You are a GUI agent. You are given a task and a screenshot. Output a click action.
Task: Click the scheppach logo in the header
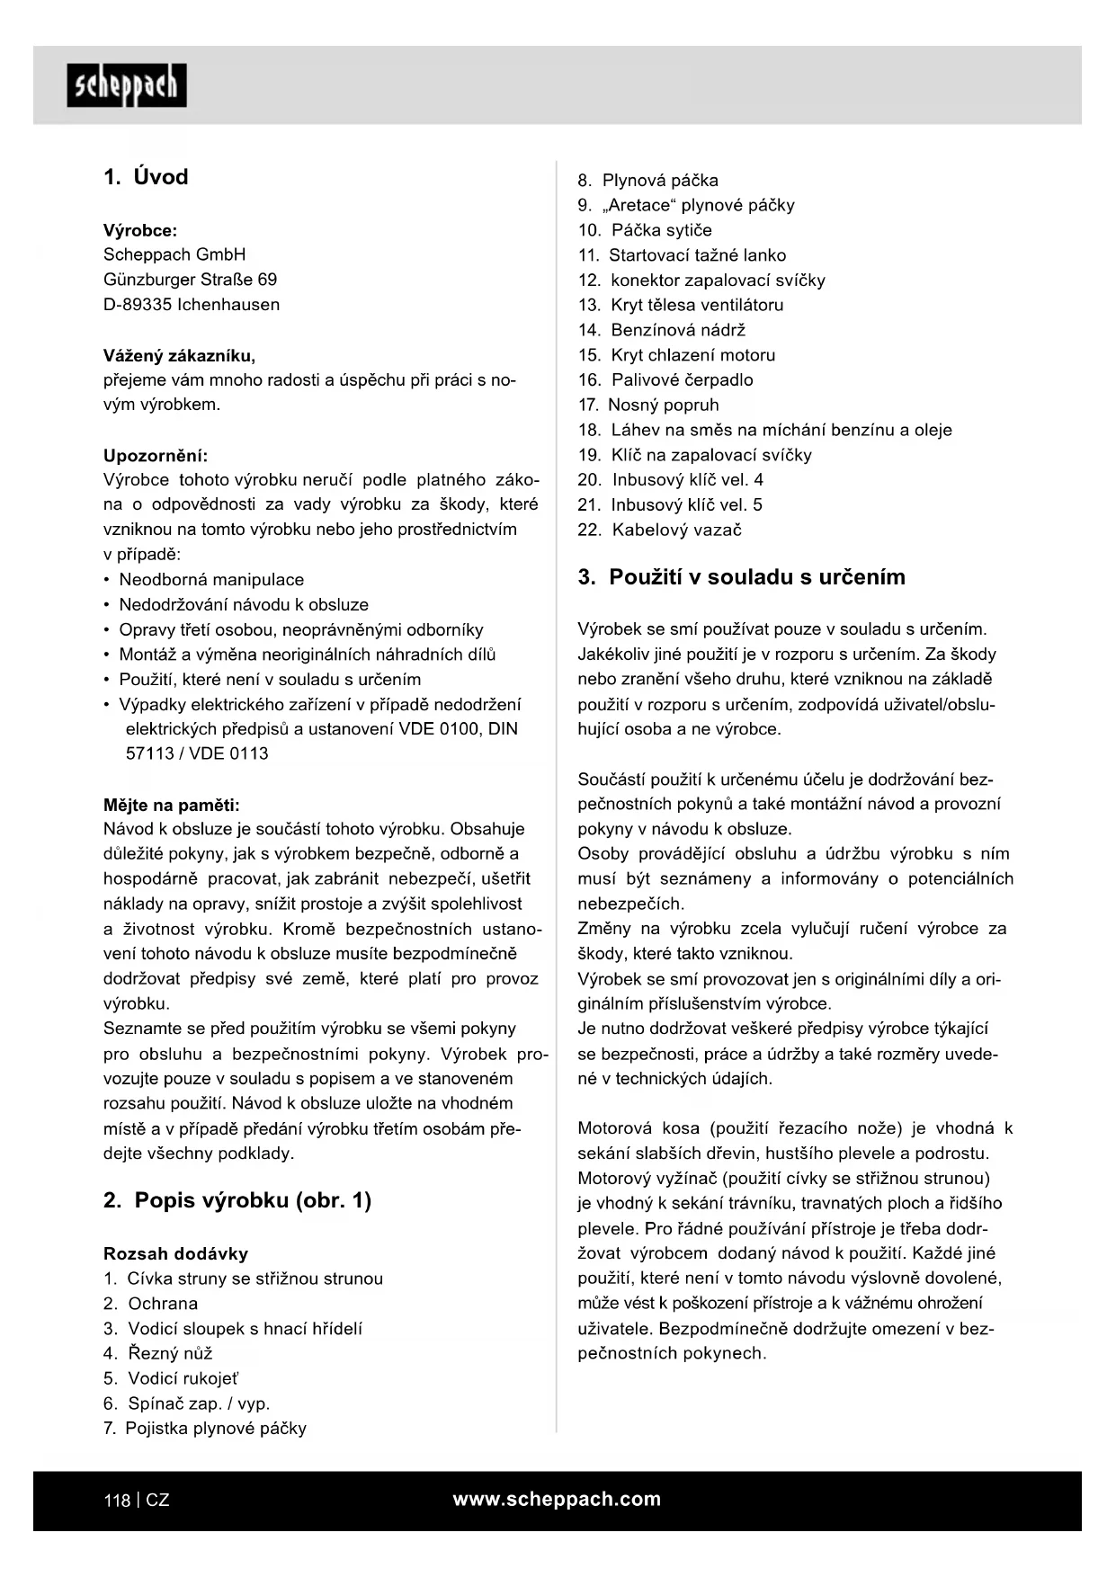coord(127,86)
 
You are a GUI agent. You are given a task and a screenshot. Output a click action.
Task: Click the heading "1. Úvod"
coord(146,177)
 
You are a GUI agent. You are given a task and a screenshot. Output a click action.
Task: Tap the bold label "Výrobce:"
coord(140,230)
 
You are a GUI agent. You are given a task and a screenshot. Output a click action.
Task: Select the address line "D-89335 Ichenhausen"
coord(192,305)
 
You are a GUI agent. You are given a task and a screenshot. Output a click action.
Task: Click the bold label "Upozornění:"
coord(156,456)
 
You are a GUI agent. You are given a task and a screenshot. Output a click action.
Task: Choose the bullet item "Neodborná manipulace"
coord(211,580)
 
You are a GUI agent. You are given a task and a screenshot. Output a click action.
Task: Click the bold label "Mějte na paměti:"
coord(172,805)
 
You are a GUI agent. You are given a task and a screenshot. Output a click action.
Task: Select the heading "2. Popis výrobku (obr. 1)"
coord(237,1200)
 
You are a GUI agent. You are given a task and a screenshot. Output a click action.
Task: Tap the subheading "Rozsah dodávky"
coord(175,1253)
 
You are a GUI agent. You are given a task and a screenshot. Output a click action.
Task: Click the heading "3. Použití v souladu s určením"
coord(741,577)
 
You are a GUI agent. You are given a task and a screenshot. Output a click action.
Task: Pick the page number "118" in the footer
coord(117,1501)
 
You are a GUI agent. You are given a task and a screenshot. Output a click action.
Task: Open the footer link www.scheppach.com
coord(557,1499)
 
